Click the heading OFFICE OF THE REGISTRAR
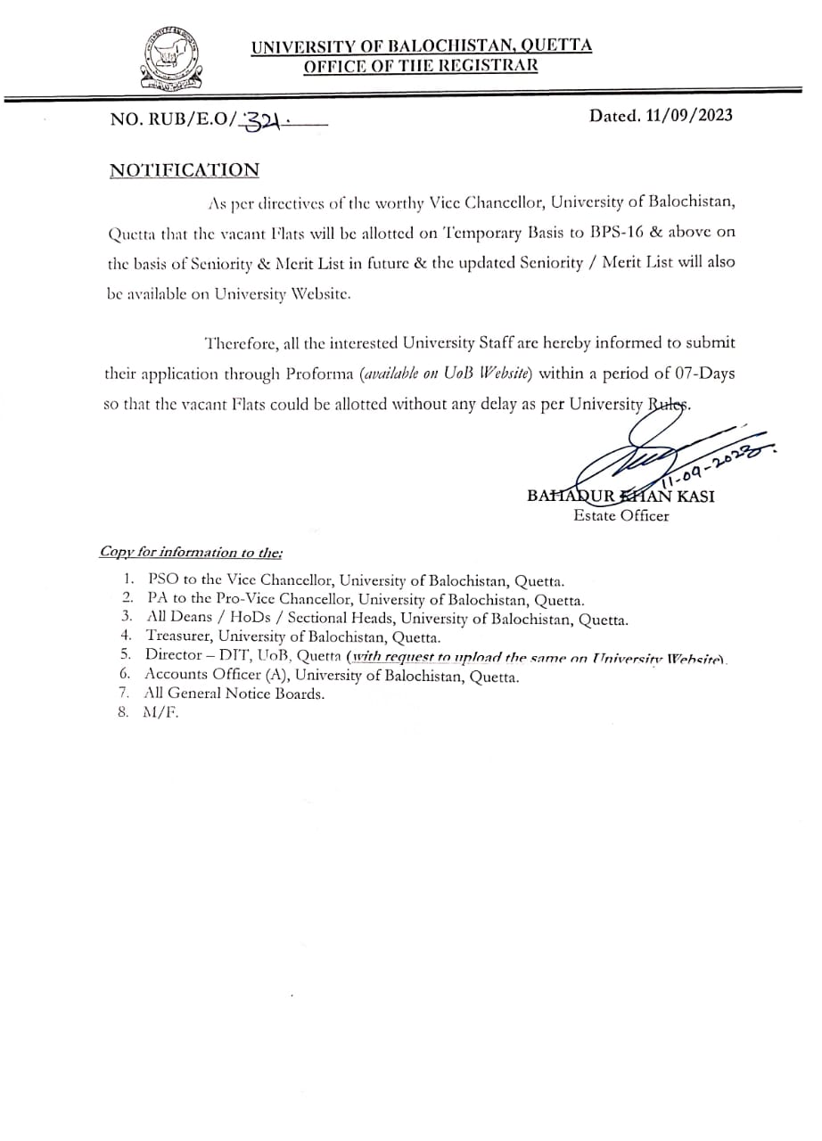[x=421, y=65]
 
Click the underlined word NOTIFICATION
[x=185, y=170]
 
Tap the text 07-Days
[x=703, y=373]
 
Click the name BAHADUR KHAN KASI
[x=620, y=497]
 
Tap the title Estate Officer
[x=621, y=515]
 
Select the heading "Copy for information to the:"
[x=191, y=552]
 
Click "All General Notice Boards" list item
[x=234, y=693]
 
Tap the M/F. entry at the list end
[x=160, y=712]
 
